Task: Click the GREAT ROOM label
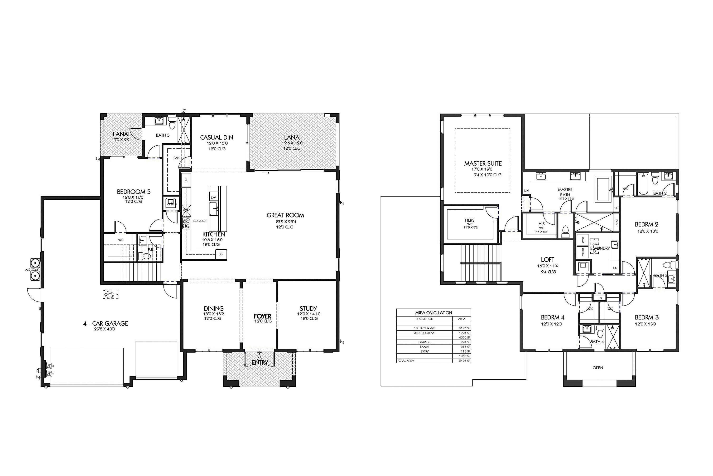click(285, 215)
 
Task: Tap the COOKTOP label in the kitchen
click(200, 221)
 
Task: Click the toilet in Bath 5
click(172, 125)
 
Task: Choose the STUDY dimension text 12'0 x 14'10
click(308, 314)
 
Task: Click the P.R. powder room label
click(151, 249)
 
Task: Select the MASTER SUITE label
click(483, 163)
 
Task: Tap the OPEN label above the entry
click(597, 368)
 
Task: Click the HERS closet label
click(470, 220)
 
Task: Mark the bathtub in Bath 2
click(641, 184)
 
